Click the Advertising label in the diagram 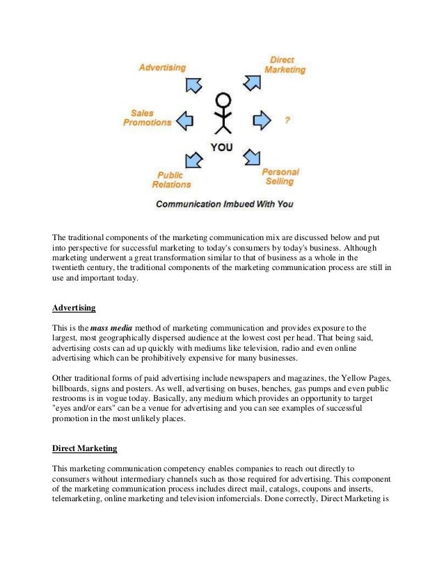(x=162, y=68)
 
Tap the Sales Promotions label (x=147, y=118)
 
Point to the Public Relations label (x=171, y=180)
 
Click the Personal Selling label (x=280, y=176)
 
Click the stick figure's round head (x=222, y=99)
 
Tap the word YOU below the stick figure (x=222, y=147)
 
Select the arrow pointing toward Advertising (x=193, y=84)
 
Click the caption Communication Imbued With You (x=224, y=205)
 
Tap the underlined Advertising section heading (x=74, y=307)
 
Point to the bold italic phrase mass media (x=109, y=327)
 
